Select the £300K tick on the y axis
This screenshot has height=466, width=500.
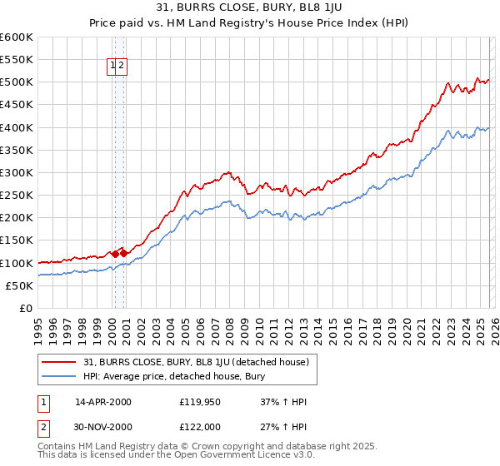click(17, 172)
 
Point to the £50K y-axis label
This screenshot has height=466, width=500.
click(19, 285)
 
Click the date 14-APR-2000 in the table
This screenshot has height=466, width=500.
click(102, 403)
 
